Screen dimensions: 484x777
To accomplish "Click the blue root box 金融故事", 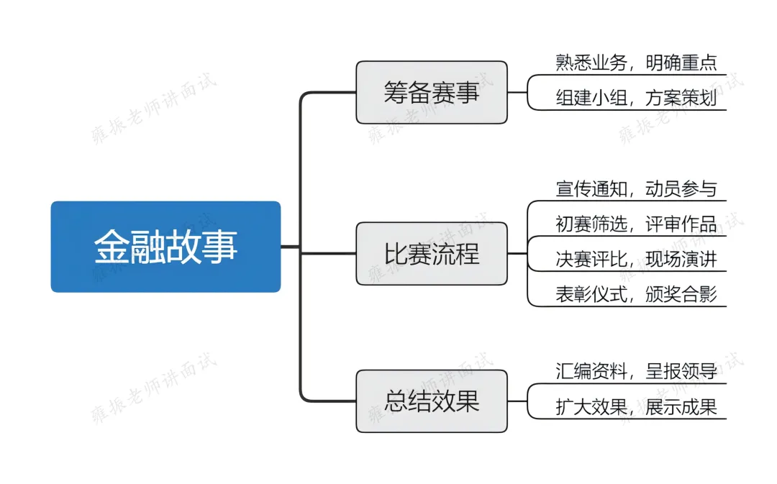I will click(x=165, y=247).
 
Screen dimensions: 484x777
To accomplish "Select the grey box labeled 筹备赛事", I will click(x=431, y=92).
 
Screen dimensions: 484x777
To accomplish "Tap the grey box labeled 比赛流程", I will click(x=431, y=253).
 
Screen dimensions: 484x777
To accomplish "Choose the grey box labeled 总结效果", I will click(x=431, y=401).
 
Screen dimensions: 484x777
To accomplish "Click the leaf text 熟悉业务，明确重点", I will click(x=636, y=63).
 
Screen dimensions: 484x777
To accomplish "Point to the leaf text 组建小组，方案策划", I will click(x=636, y=99).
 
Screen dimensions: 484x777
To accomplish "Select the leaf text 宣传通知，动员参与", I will click(x=636, y=189).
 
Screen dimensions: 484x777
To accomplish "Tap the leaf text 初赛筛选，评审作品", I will click(x=636, y=224).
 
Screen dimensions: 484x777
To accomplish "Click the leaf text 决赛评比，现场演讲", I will click(x=636, y=260).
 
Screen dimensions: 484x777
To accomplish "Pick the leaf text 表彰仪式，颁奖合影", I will click(x=636, y=295).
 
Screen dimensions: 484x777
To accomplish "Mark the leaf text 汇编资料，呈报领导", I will click(x=636, y=372).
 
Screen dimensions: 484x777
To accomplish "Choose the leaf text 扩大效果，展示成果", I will click(x=636, y=407).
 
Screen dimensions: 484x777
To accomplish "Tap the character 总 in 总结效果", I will click(x=396, y=401).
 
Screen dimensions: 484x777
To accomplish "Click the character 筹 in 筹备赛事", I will click(x=396, y=92).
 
